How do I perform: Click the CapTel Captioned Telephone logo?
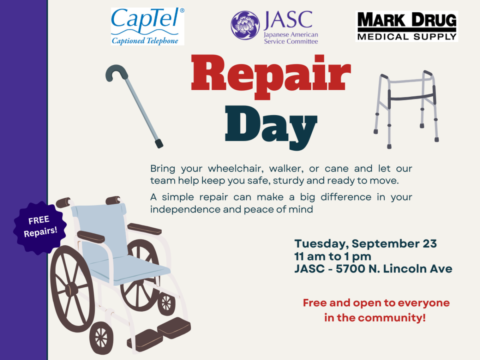[147, 26]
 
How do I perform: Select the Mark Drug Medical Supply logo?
[407, 26]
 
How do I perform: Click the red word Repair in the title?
[271, 73]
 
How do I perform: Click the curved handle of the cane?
[116, 72]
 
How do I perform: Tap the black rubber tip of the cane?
[159, 143]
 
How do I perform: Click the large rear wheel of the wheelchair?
[72, 288]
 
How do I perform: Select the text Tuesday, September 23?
[366, 244]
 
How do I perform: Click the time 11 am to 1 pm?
[333, 256]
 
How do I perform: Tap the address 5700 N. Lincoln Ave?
[394, 269]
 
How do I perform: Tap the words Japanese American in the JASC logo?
[291, 35]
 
